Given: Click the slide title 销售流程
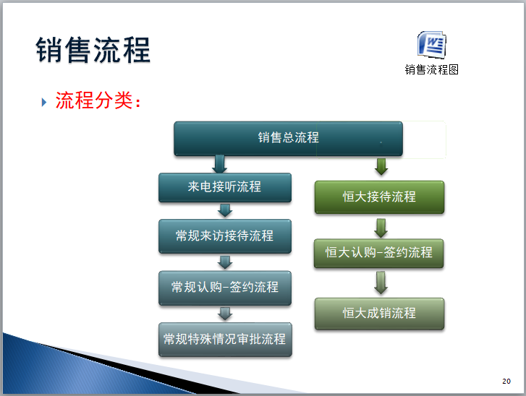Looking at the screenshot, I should click(x=93, y=51).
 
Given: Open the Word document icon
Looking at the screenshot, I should click(x=432, y=45).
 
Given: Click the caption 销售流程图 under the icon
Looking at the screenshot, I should click(x=432, y=69).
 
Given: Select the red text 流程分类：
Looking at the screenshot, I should click(x=98, y=101).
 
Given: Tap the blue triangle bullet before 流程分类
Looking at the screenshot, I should click(x=43, y=102).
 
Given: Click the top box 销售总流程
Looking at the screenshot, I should click(x=288, y=138).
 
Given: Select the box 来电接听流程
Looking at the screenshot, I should click(x=224, y=187).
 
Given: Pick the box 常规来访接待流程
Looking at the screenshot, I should click(x=224, y=236).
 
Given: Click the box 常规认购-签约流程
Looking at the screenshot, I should click(x=224, y=287).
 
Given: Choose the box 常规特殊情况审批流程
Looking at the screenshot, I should click(x=224, y=339).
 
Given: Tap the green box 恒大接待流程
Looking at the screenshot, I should click(x=379, y=197).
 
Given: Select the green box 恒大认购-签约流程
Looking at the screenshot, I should click(x=379, y=253).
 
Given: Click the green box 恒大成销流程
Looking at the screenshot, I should click(x=379, y=314).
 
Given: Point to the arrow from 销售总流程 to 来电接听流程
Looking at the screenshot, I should click(x=220, y=163).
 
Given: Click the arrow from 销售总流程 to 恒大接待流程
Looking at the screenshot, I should click(x=381, y=166).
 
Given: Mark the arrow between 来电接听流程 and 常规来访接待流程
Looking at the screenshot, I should click(x=225, y=210).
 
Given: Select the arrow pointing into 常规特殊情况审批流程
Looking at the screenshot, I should click(x=225, y=314).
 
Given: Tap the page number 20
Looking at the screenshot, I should click(x=506, y=382).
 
